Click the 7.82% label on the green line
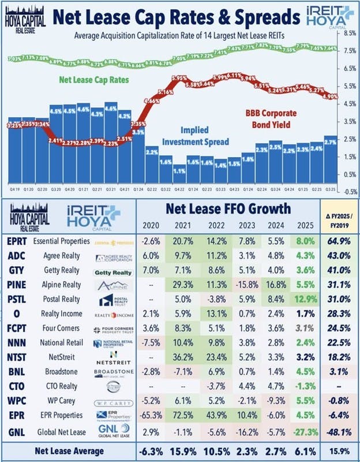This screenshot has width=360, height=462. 261,44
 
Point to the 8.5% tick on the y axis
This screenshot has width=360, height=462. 348,33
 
